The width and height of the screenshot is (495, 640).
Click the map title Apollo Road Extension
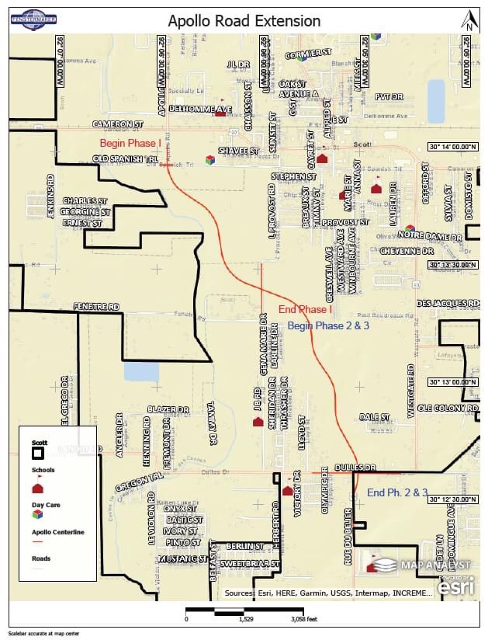(244, 21)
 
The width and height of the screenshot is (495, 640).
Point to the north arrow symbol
(468, 21)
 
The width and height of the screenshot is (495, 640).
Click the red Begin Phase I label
(130, 143)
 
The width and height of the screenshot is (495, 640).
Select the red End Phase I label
(305, 309)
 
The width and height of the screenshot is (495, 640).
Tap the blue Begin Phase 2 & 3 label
(327, 325)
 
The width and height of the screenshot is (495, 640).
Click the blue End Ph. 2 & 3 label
(397, 492)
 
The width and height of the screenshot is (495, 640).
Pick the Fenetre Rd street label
(97, 307)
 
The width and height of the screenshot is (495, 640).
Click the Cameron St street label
(118, 123)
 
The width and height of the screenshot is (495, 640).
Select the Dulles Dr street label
(355, 468)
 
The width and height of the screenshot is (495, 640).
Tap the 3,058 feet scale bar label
(303, 620)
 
